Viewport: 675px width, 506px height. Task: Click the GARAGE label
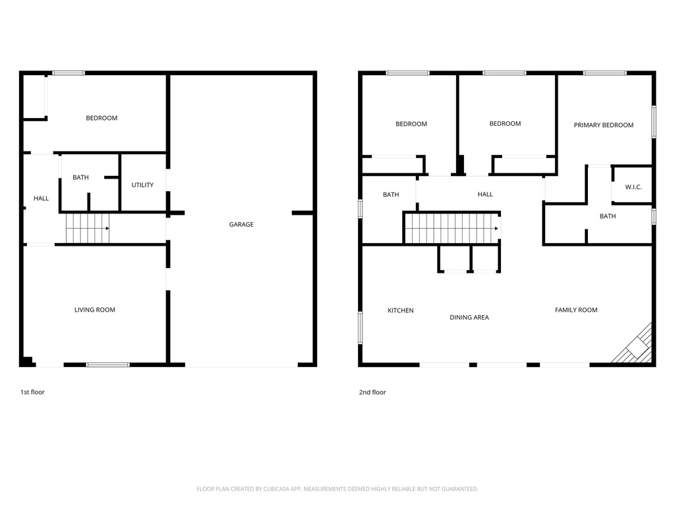coord(241,224)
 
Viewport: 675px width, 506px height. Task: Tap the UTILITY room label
coord(142,185)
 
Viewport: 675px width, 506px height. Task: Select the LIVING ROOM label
coord(95,310)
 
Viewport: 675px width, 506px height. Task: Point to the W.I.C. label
coord(633,187)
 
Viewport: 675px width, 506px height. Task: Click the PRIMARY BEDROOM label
coord(604,125)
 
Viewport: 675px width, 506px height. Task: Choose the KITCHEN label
coord(400,311)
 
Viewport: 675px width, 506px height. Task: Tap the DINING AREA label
coord(469,318)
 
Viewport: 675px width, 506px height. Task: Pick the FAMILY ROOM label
coord(576,310)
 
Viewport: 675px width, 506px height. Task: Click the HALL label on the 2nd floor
coord(485,194)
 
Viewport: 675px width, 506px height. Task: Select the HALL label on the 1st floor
coord(42,198)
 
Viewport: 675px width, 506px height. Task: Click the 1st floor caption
coord(33,392)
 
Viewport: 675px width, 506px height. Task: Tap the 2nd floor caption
coord(372,393)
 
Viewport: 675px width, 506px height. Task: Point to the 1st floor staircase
coord(88,229)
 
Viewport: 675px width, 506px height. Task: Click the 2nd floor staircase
coord(452,229)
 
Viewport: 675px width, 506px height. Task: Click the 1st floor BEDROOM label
coord(102,119)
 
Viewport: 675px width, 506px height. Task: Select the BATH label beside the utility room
coord(80,177)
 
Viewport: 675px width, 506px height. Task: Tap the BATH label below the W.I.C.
coord(607,216)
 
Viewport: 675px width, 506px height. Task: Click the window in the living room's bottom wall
coord(107,365)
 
